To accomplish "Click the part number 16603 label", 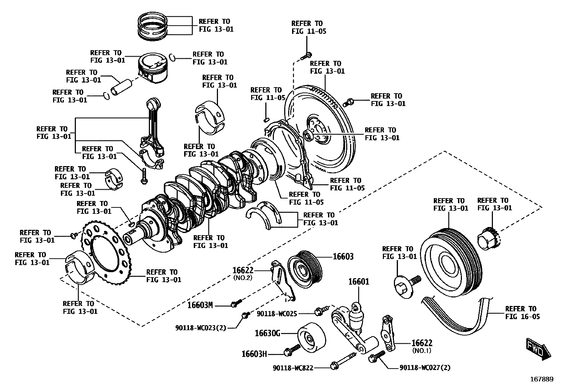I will (343, 257).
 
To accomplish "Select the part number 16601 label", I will (358, 282).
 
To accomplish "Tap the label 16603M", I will (200, 305).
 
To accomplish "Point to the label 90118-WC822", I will (293, 368).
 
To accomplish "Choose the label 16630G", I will (267, 333).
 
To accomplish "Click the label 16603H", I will (254, 354).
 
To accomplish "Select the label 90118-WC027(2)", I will (425, 368).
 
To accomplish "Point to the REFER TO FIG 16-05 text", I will (522, 312).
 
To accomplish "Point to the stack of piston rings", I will (153, 25).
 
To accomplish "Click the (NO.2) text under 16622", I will (243, 278).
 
